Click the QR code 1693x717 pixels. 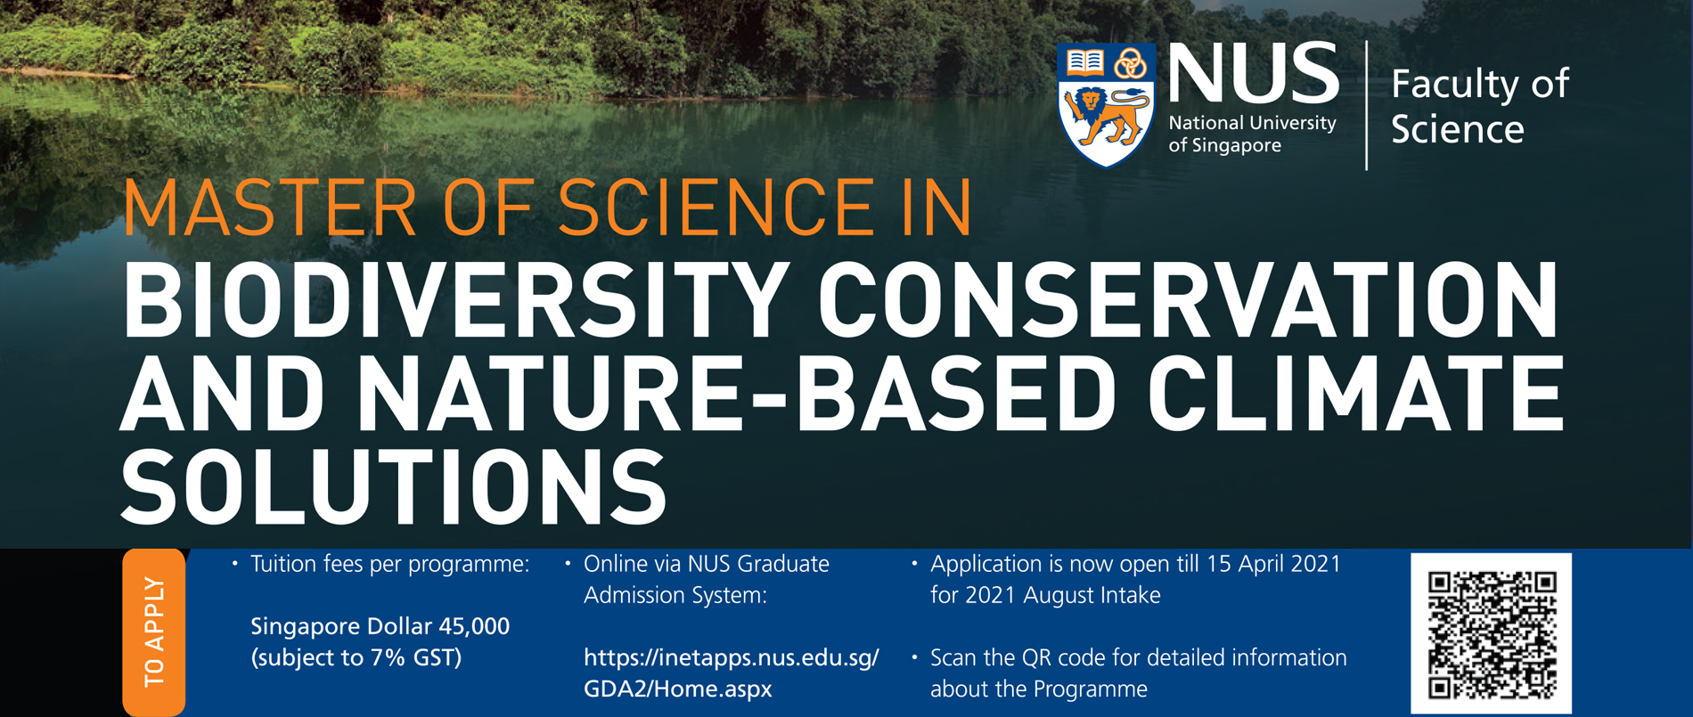(1491, 633)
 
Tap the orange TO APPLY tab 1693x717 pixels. (154, 632)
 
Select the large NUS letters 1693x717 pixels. (1253, 74)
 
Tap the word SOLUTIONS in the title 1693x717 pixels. (393, 487)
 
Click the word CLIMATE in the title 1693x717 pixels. (1354, 394)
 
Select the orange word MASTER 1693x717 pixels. (268, 208)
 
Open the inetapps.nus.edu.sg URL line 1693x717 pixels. (731, 658)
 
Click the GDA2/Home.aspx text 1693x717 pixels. (677, 689)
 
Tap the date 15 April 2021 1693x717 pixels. (1273, 564)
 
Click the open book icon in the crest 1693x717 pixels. (1084, 61)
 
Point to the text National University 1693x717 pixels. (1252, 123)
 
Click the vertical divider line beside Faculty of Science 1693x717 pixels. (1366, 105)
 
